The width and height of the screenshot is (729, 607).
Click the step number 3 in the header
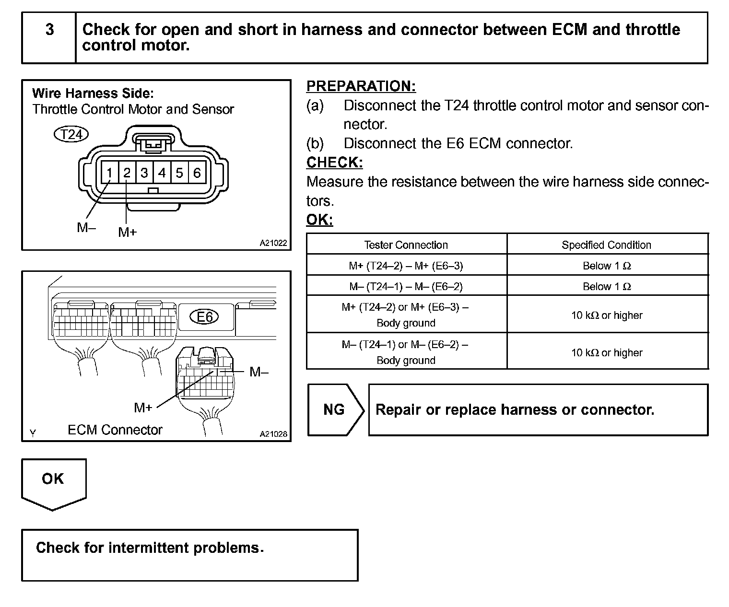click(49, 30)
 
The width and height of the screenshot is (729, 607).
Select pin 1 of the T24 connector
click(110, 173)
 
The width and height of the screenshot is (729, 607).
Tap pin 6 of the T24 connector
click(197, 173)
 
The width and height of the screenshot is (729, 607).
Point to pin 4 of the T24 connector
click(162, 173)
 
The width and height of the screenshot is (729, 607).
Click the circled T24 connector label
click(71, 134)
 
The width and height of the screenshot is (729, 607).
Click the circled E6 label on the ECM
click(205, 317)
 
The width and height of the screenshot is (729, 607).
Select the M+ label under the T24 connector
click(128, 233)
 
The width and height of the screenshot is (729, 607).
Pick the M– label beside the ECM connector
click(259, 372)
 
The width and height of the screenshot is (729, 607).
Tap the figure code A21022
click(273, 243)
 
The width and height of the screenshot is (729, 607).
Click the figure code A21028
click(273, 434)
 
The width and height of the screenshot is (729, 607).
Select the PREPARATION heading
click(361, 86)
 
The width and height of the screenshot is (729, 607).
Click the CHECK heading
click(334, 163)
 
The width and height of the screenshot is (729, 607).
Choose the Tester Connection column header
click(406, 245)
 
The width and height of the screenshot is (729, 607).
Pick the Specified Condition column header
click(606, 245)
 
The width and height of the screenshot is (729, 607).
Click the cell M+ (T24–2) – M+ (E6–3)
click(406, 266)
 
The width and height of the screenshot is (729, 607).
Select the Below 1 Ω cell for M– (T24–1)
click(606, 287)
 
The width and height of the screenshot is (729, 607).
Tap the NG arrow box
click(334, 410)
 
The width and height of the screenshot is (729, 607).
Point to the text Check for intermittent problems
click(150, 548)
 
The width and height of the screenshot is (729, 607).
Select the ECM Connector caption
click(115, 430)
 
